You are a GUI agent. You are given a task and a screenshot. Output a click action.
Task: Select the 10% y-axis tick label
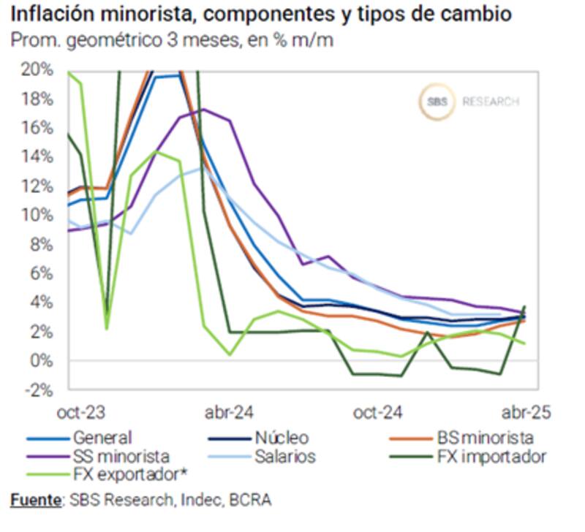[x=39, y=215]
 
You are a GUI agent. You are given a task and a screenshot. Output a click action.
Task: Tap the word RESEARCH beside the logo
[x=490, y=102]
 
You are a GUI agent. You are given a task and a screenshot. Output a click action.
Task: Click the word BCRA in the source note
[x=252, y=501]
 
